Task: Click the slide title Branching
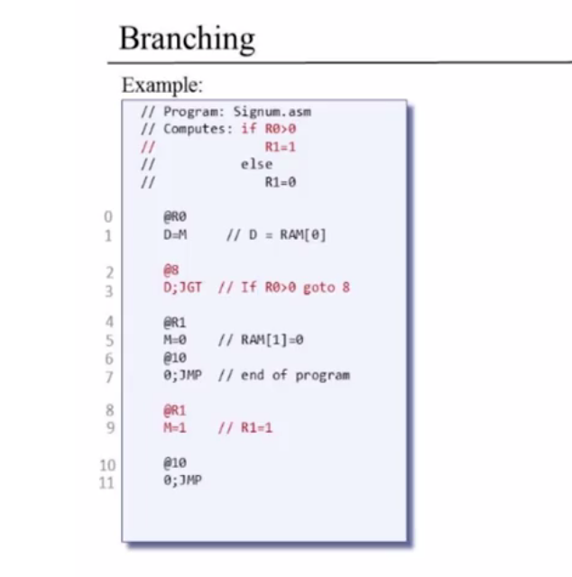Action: [187, 40]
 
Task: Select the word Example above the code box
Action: [161, 85]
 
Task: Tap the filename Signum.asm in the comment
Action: [272, 112]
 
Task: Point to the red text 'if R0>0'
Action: [269, 129]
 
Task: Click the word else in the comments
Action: [257, 164]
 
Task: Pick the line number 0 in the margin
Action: [108, 216]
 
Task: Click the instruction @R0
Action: [175, 216]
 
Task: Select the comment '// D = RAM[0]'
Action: [276, 234]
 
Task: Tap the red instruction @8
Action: [171, 270]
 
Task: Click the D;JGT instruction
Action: [182, 288]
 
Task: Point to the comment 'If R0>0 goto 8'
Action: [295, 288]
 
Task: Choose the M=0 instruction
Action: [175, 340]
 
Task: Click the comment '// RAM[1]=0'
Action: [261, 340]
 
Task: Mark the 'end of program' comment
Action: [295, 375]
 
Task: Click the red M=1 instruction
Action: [175, 427]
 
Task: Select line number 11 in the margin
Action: [107, 483]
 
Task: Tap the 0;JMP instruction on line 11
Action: [182, 481]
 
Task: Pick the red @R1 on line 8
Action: [175, 410]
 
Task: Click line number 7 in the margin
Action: [109, 378]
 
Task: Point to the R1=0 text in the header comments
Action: [281, 182]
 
